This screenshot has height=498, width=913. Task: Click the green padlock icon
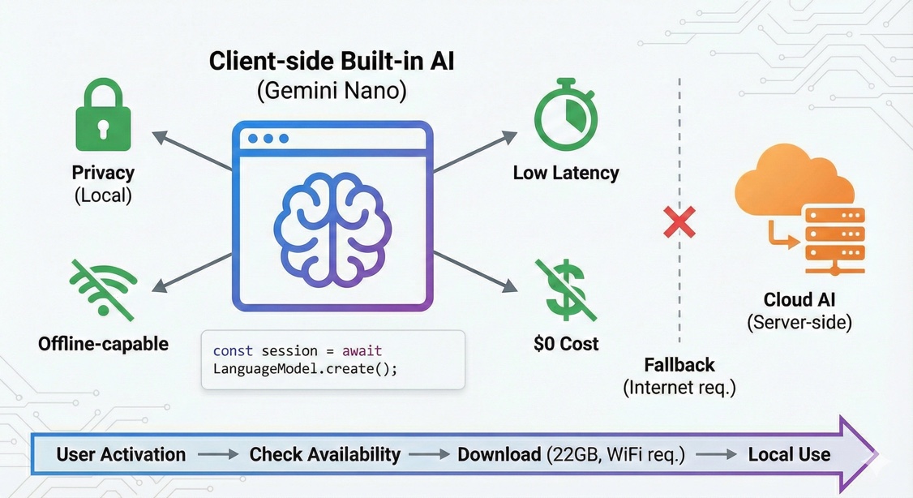103,121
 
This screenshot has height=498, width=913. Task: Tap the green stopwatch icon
565,116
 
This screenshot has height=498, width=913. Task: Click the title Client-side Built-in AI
331,62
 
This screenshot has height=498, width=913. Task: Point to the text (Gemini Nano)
331,90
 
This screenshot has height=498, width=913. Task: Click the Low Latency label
566,173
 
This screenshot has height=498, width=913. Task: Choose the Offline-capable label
103,344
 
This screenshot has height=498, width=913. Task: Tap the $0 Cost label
566,344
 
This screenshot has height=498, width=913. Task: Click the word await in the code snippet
362,351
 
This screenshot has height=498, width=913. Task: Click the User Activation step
121,454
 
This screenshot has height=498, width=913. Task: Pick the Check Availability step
324,454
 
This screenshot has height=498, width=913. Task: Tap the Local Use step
789,454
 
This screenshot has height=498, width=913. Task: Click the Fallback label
679,364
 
